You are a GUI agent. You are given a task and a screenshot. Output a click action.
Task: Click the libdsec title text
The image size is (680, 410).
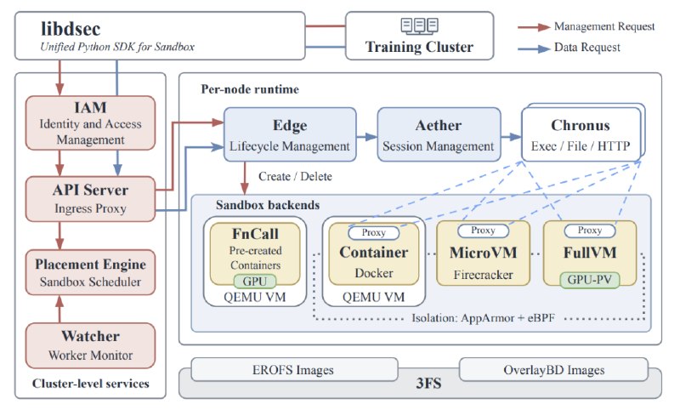click(x=71, y=29)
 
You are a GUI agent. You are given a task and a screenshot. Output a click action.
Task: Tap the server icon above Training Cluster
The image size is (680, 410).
click(x=419, y=26)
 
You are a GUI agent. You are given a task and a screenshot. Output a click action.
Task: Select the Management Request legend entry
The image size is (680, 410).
click(x=586, y=27)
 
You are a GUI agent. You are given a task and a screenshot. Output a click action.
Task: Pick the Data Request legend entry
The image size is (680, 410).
click(x=569, y=48)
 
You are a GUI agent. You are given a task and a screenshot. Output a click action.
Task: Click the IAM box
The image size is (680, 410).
click(x=90, y=123)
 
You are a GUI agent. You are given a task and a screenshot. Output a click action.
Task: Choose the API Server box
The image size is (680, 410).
click(x=90, y=199)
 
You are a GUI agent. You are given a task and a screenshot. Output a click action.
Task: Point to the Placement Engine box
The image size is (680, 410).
click(x=90, y=272)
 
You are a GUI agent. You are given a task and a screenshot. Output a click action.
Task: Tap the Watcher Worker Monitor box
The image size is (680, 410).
click(x=90, y=345)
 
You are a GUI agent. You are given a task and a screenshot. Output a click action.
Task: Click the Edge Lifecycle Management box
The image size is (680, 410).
click(x=290, y=134)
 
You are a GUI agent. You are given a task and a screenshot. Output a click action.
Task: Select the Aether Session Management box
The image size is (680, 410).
click(x=439, y=134)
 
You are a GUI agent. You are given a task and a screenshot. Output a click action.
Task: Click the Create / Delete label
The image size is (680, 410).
click(x=295, y=177)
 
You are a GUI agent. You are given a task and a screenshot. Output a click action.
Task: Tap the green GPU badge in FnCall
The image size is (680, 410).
click(x=255, y=282)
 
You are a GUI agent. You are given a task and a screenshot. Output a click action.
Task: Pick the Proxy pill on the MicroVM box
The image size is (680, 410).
click(x=483, y=231)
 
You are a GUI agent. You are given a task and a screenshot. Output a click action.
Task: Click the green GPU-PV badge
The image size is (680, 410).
click(x=589, y=280)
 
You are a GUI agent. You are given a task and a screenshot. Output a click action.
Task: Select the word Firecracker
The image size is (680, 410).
click(x=483, y=275)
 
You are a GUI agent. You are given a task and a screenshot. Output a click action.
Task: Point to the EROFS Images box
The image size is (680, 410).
click(x=294, y=370)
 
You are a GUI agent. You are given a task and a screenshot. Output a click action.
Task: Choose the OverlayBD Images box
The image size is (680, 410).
click(x=554, y=370)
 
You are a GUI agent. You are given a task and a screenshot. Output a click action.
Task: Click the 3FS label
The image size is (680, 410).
click(x=428, y=384)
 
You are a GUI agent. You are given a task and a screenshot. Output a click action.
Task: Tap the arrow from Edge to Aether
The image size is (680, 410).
click(x=367, y=137)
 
